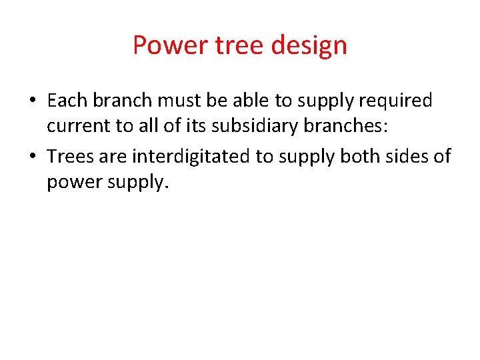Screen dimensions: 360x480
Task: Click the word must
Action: pos(177,101)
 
